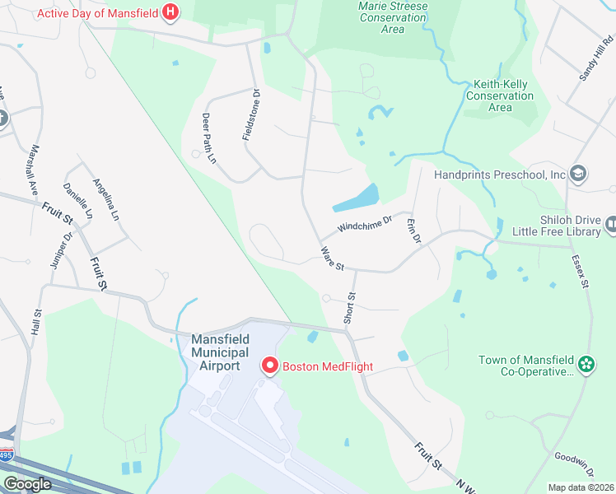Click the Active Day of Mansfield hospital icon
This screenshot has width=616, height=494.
click(x=170, y=12)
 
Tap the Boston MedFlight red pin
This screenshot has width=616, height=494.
click(x=268, y=366)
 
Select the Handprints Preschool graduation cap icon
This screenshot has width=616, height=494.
click(x=578, y=174)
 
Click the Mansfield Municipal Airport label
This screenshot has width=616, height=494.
click(x=216, y=352)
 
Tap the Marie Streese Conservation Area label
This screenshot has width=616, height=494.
click(x=393, y=17)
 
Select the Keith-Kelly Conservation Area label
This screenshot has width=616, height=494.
click(x=500, y=96)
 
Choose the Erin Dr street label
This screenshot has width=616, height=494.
click(x=413, y=231)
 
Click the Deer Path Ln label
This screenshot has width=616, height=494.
click(x=209, y=137)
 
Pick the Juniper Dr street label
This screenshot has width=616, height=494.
click(x=63, y=249)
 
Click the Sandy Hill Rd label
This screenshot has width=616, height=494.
click(x=597, y=58)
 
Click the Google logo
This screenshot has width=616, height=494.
click(x=27, y=484)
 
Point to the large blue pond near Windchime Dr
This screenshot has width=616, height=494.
click(x=356, y=198)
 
